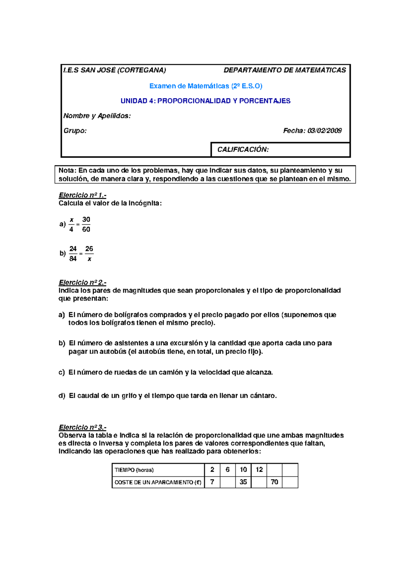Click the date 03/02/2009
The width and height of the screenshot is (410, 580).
(x=324, y=130)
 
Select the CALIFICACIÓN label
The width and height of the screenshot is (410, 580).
(x=243, y=150)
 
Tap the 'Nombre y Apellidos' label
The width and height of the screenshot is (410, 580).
(x=97, y=116)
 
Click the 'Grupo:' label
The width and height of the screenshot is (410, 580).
(x=75, y=130)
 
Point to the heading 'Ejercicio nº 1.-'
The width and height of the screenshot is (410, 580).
(x=82, y=195)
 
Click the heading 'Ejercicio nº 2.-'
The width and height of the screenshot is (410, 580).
(x=82, y=282)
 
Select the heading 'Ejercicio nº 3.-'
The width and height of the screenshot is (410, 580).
(x=82, y=427)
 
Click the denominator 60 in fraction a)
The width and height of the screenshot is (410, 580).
(x=86, y=230)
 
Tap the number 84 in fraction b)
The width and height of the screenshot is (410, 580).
(x=73, y=259)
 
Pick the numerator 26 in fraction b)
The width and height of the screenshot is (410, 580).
(x=89, y=249)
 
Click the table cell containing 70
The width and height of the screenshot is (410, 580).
(x=274, y=482)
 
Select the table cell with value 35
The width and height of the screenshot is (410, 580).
(x=243, y=482)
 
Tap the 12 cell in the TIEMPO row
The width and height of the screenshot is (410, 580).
(x=259, y=470)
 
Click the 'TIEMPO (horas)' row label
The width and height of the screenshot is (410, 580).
(x=134, y=470)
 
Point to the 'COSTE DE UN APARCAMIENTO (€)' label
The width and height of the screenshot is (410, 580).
(x=158, y=482)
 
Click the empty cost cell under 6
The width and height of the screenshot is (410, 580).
(x=228, y=482)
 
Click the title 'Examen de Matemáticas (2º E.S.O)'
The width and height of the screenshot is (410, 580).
(x=206, y=86)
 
